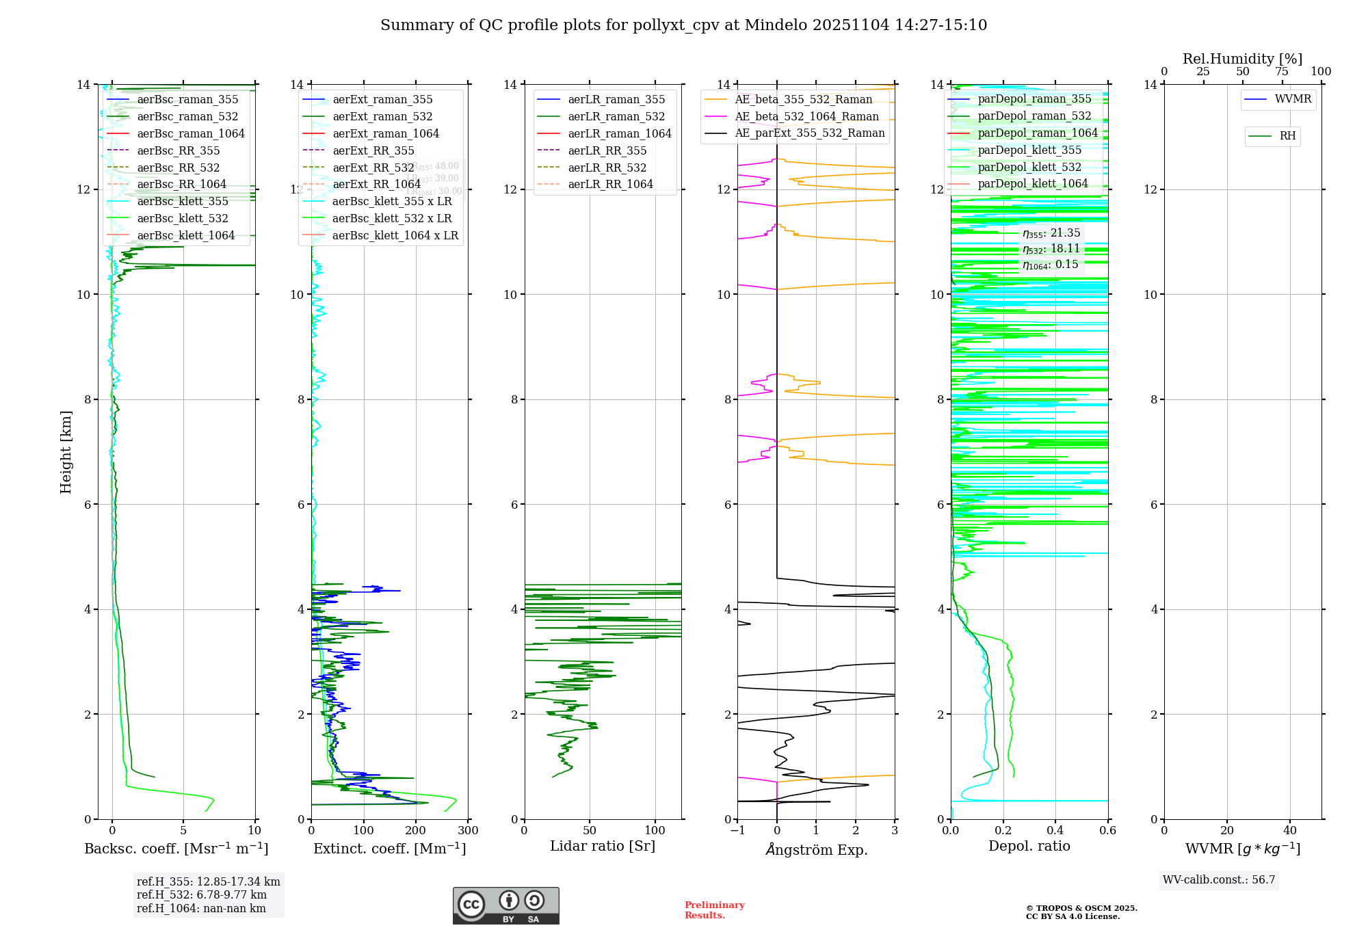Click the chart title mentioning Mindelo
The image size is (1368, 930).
(683, 25)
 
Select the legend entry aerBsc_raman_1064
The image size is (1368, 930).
(190, 133)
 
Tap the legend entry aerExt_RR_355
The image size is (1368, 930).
(373, 150)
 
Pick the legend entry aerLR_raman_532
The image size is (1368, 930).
(616, 116)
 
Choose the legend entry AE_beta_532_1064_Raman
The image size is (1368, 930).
(806, 116)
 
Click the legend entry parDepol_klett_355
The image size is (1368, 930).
(1029, 150)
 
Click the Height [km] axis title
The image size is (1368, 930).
(66, 451)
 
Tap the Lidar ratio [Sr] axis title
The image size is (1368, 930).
(603, 846)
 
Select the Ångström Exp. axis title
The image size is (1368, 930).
(816, 849)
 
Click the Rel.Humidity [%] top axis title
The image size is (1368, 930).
(1242, 59)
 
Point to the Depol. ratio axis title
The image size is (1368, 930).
(1029, 846)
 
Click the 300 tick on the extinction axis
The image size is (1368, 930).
(468, 830)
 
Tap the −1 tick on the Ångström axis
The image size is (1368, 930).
(737, 830)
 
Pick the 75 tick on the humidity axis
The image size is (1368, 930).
(1282, 72)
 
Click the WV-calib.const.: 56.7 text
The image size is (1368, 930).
(1219, 879)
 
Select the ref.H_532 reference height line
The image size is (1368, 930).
(201, 894)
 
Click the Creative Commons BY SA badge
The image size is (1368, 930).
(505, 906)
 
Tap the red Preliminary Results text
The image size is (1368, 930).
(714, 910)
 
